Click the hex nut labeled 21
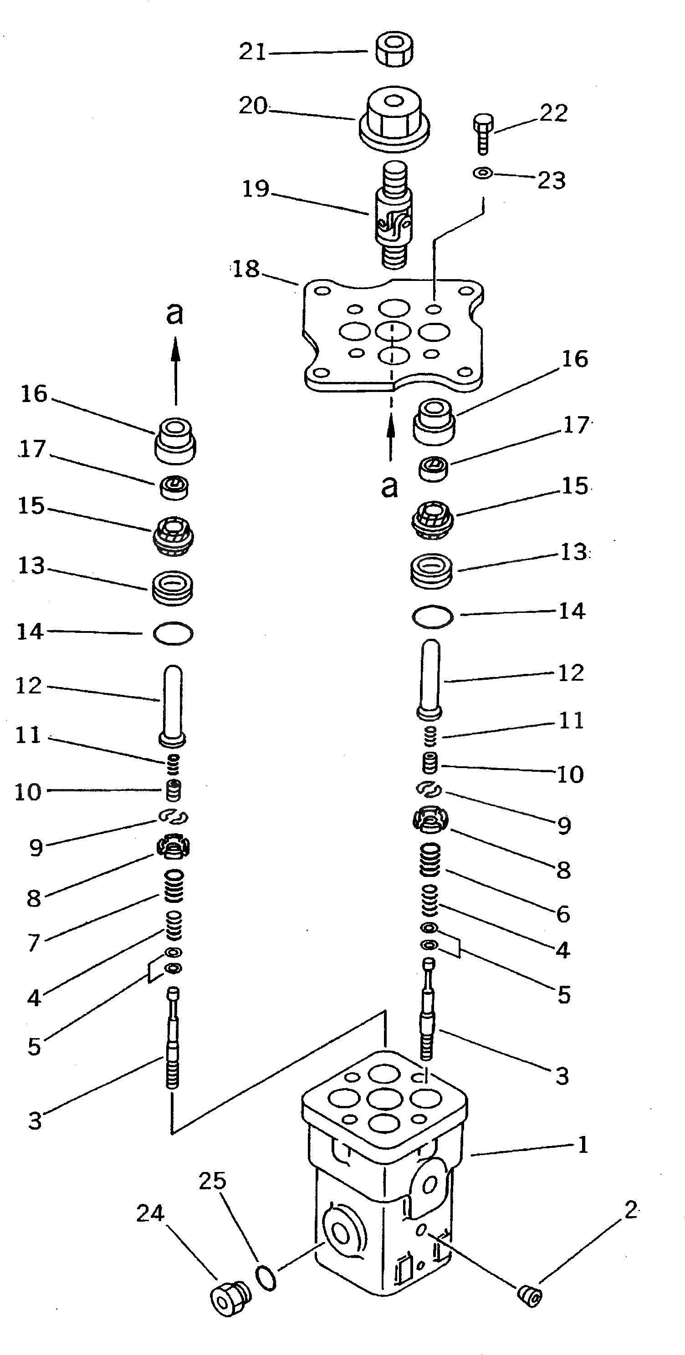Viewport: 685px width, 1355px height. (394, 51)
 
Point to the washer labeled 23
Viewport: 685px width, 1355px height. (482, 173)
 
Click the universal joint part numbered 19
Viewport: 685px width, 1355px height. (394, 216)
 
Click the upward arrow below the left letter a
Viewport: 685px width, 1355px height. (176, 370)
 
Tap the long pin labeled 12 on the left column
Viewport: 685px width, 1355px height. (173, 705)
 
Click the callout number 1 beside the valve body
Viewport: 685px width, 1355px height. (583, 1145)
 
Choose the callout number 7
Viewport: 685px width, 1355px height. (34, 942)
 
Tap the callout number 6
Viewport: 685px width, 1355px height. (563, 914)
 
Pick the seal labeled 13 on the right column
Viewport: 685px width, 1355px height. (431, 570)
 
